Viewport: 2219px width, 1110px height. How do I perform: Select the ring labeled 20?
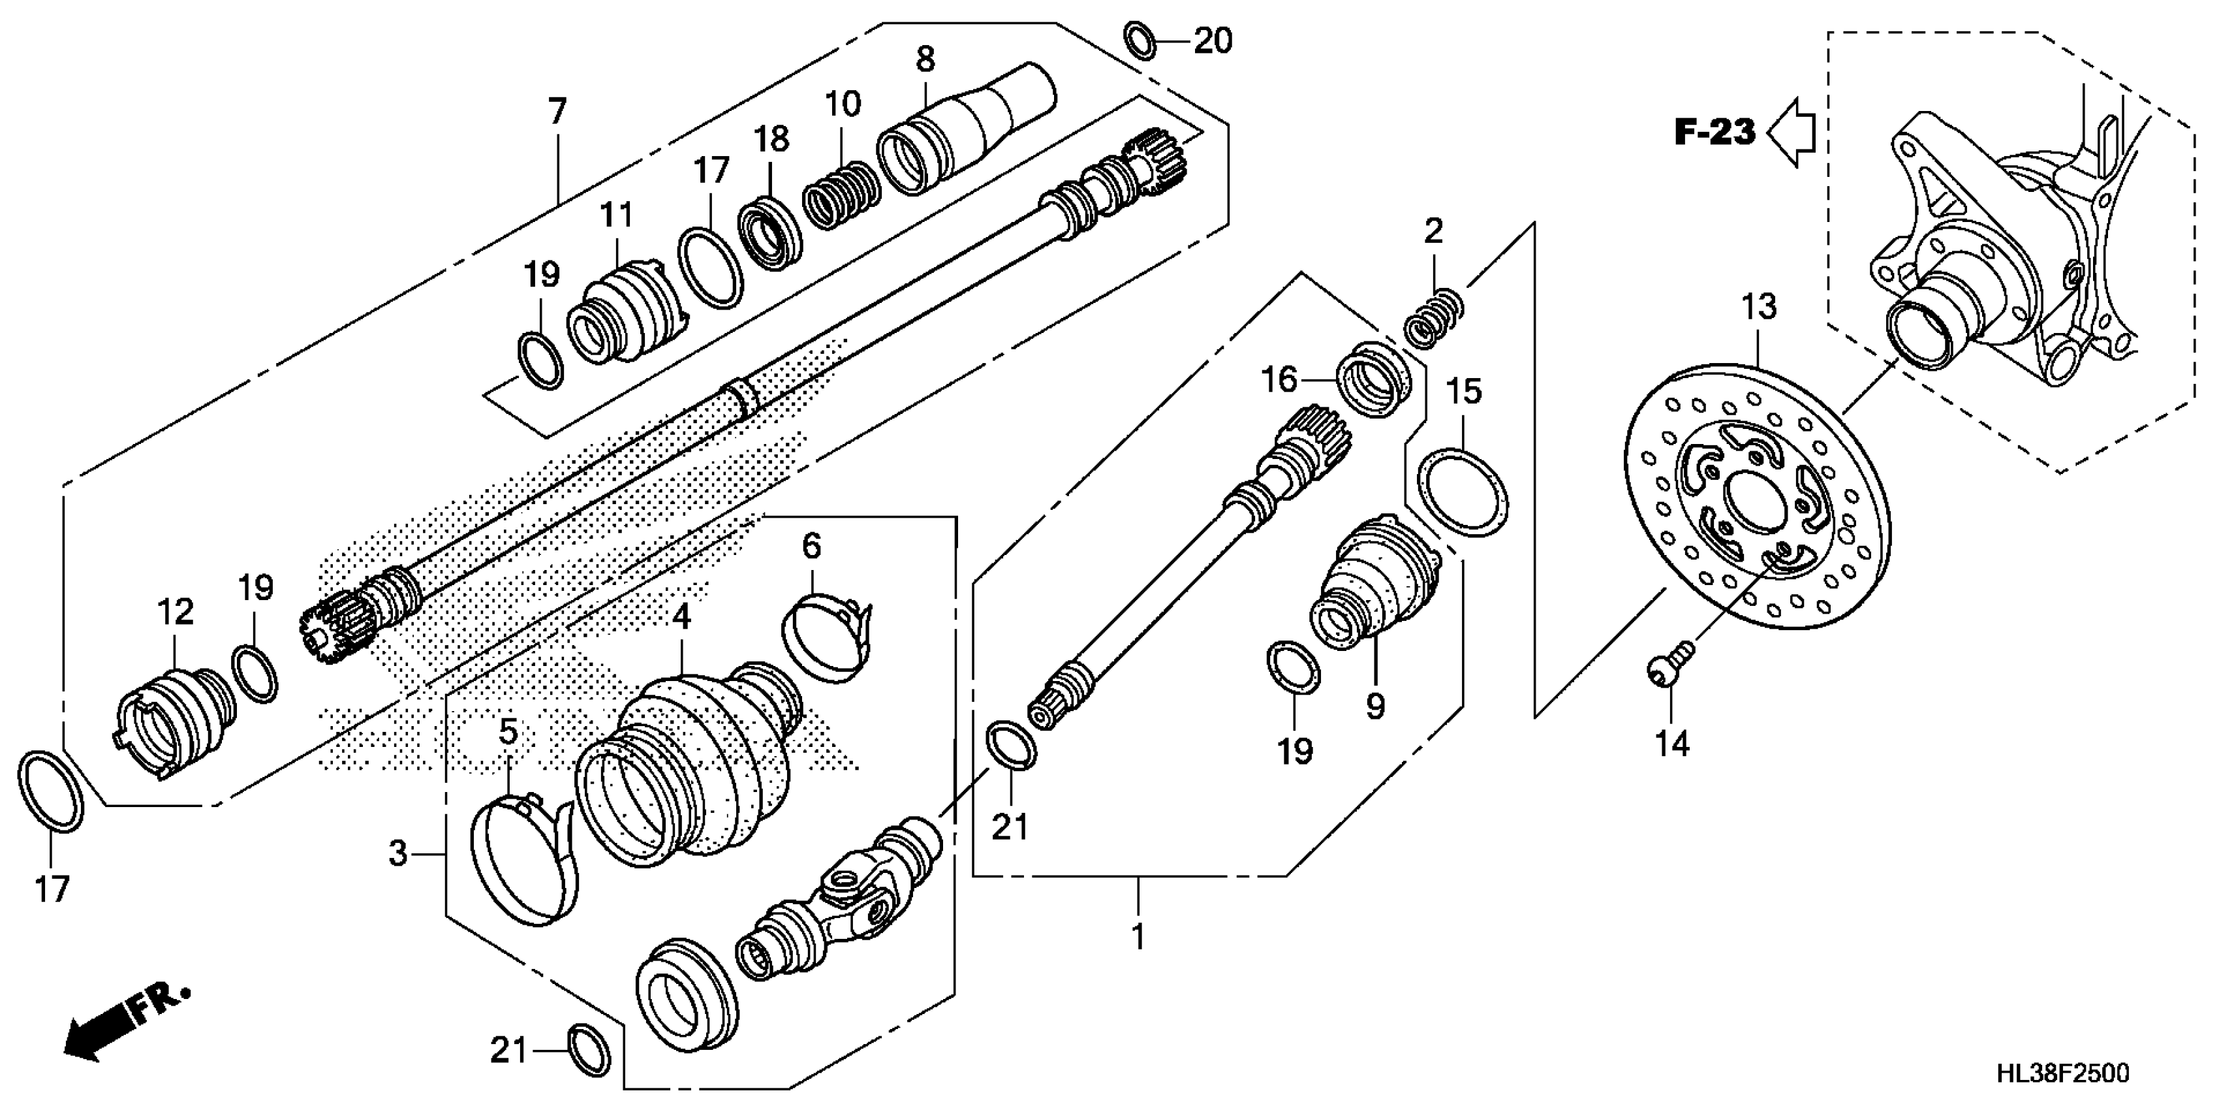tap(1141, 41)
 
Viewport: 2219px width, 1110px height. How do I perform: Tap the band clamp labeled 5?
tap(525, 862)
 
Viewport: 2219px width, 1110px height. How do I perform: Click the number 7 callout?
tap(557, 112)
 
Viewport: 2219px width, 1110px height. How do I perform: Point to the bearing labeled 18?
tap(770, 232)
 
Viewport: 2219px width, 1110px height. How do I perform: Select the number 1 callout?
tap(1138, 936)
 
